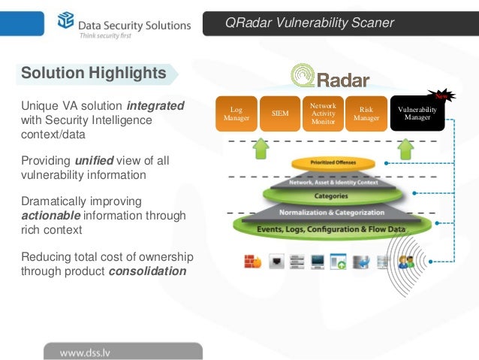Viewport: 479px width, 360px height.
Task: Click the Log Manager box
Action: (x=236, y=114)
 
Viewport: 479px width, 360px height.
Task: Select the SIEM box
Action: (x=279, y=114)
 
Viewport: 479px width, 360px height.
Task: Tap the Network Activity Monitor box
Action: (x=323, y=114)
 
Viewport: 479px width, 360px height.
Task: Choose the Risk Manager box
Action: (x=366, y=114)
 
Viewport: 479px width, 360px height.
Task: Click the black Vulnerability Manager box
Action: (x=417, y=114)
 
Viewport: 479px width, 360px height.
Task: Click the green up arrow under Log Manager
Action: (x=260, y=148)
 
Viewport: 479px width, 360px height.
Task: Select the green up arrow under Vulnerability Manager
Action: (x=406, y=148)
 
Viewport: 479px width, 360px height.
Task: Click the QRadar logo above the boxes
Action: (x=330, y=76)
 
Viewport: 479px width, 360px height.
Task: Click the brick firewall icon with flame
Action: (x=252, y=262)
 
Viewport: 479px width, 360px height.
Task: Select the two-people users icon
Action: (x=406, y=262)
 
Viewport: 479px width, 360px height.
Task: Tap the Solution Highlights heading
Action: (x=94, y=74)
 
